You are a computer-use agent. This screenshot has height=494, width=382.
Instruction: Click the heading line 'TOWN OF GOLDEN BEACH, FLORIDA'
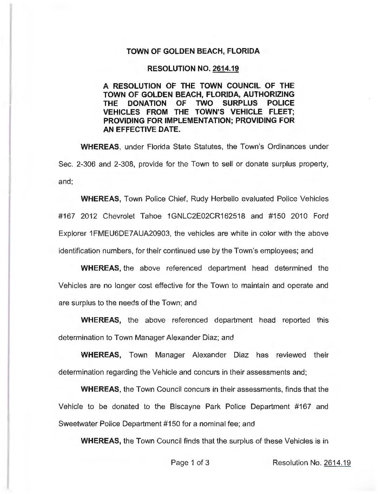point(193,51)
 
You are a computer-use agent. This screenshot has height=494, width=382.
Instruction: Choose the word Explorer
point(70,233)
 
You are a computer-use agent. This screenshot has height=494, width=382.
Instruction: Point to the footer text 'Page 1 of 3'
point(190,463)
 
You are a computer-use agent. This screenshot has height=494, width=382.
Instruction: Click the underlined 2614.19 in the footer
point(337,463)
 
